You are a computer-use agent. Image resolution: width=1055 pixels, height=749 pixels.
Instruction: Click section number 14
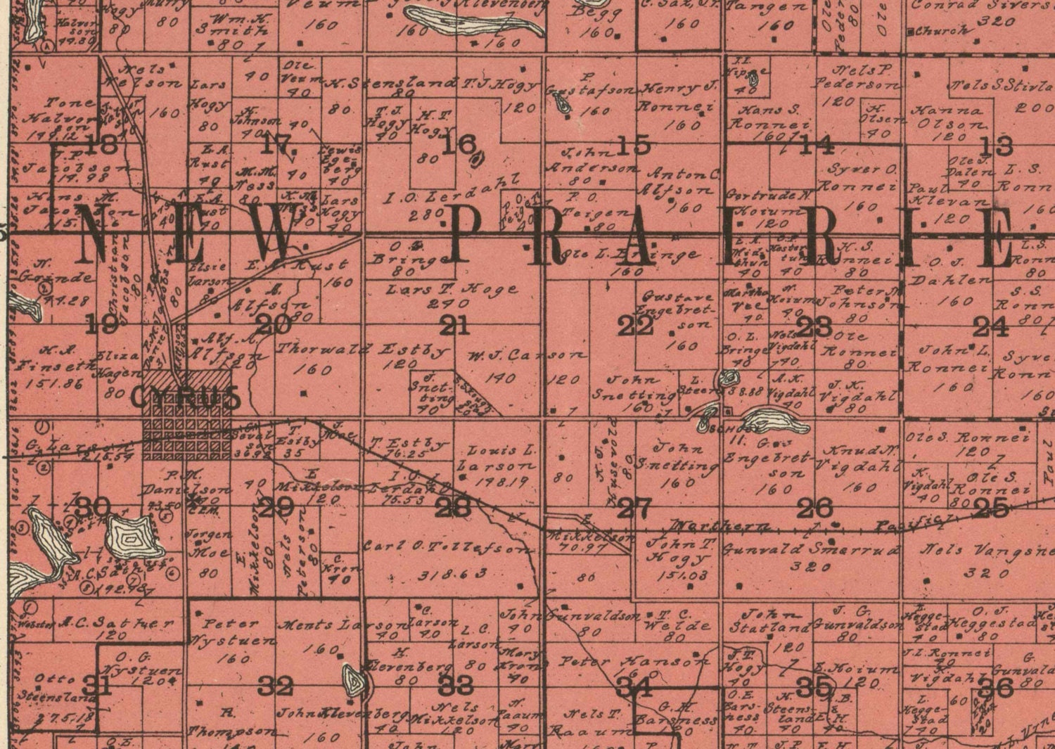coord(817,146)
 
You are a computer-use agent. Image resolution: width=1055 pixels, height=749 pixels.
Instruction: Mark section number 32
coord(275,685)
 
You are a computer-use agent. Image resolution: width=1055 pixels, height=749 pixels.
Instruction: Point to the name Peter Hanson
coord(634,662)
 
